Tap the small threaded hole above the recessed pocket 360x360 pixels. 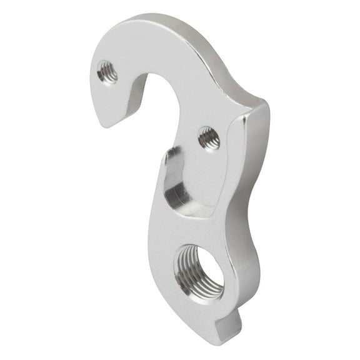pyautogui.click(x=209, y=137)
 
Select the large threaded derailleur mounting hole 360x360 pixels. pyautogui.click(x=198, y=271)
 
